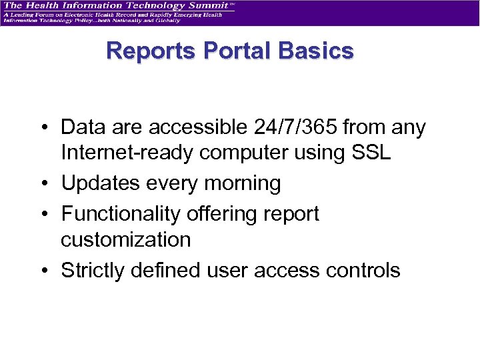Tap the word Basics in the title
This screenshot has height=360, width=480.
click(315, 51)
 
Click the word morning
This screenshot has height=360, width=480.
click(240, 183)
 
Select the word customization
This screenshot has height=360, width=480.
click(125, 239)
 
